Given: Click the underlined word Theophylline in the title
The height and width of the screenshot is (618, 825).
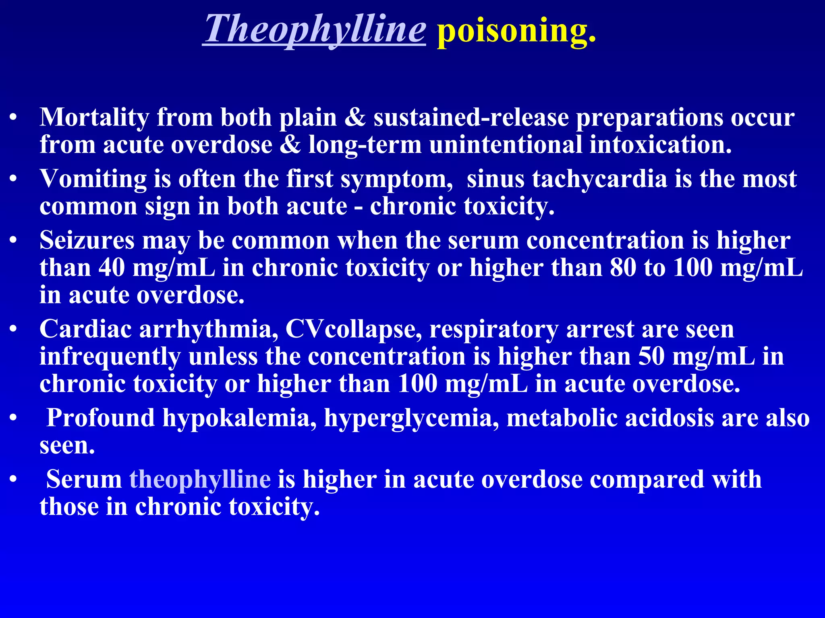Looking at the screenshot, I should point(314,29).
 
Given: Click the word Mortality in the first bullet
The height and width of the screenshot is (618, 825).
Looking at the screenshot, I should point(94,117).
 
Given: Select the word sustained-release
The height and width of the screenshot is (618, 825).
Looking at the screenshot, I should point(471,117).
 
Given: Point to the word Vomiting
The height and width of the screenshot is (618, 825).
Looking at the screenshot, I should point(93,179).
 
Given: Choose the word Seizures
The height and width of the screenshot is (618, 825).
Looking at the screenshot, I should point(87,241).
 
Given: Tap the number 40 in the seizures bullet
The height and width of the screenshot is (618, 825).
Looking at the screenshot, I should point(112,268).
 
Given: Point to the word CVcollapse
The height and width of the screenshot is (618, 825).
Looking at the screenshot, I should point(354,330).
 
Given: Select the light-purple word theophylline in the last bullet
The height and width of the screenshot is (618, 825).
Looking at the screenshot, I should point(200,480).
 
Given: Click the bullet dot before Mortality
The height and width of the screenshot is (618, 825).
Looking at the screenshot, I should point(14,117).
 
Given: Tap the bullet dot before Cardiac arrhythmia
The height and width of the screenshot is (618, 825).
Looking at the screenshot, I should point(14,330).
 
